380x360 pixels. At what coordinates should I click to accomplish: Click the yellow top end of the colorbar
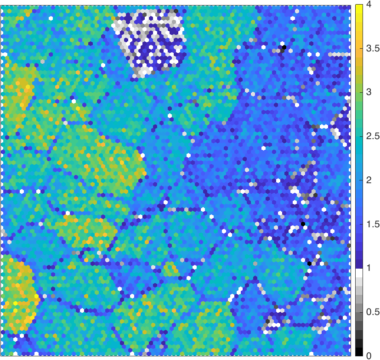tap(359, 6)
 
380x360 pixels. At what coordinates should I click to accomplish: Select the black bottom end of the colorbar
tap(359, 353)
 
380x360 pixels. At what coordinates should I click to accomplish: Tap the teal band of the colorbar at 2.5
tap(359, 136)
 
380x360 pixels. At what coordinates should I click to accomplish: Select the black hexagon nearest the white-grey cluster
tap(284, 47)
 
